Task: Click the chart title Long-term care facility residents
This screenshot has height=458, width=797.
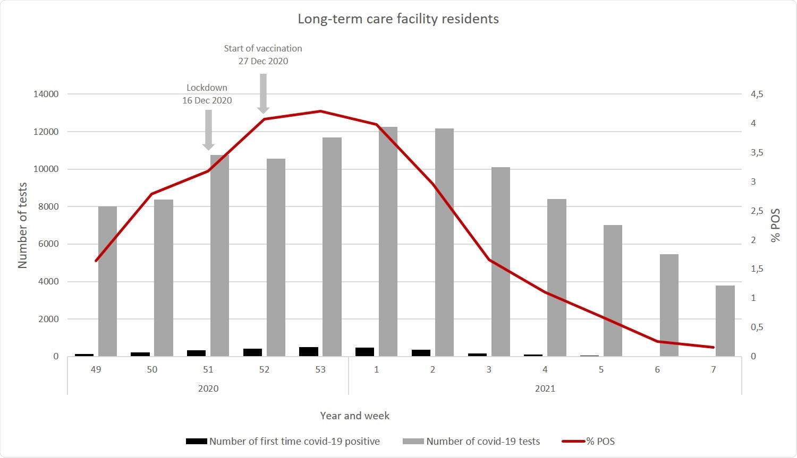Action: (x=398, y=19)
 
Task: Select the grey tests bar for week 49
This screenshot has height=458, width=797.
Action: (x=107, y=281)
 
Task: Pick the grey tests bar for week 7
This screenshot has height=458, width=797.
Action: (x=725, y=321)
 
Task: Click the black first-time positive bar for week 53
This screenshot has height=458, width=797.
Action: (x=309, y=351)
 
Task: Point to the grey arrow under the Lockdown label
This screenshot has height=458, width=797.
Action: (x=208, y=129)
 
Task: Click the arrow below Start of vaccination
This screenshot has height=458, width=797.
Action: (x=263, y=93)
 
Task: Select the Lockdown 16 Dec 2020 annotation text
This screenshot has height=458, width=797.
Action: (x=207, y=94)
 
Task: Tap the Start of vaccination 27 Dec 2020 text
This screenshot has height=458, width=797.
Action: (x=263, y=55)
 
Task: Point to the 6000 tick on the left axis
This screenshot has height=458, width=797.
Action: (x=48, y=244)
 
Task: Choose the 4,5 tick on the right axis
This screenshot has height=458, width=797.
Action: (x=757, y=94)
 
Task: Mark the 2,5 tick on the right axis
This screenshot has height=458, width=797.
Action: (x=757, y=211)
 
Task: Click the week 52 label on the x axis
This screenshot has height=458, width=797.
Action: (x=264, y=369)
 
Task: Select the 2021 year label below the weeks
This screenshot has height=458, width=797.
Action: (x=545, y=388)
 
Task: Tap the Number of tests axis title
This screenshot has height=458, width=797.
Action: (x=22, y=225)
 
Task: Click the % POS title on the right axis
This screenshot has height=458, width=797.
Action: (x=776, y=225)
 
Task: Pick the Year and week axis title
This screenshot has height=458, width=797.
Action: (x=354, y=416)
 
